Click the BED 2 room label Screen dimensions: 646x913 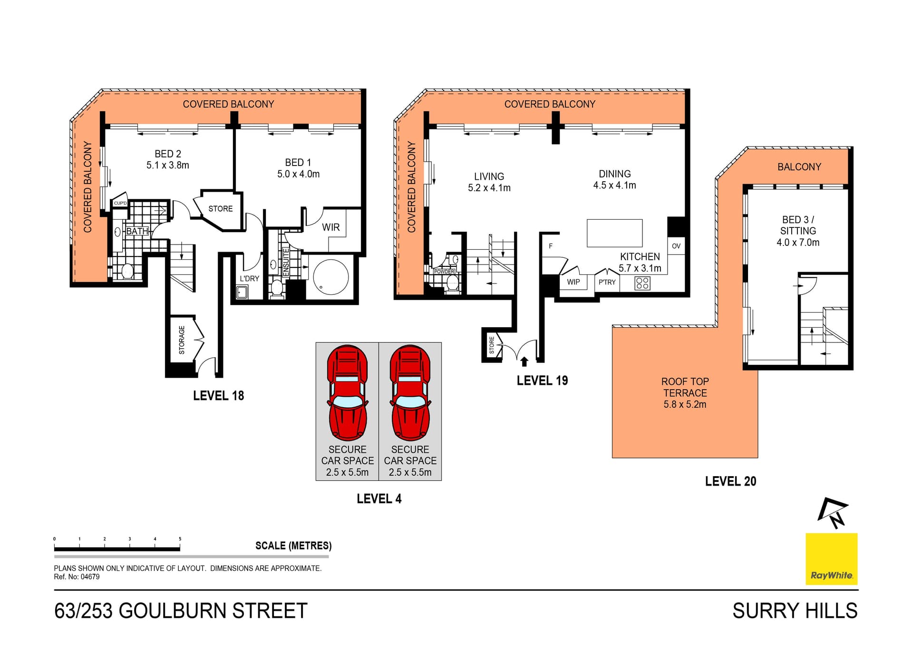[167, 154]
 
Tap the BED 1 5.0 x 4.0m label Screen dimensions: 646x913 [298, 168]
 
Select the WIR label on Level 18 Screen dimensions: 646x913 [330, 227]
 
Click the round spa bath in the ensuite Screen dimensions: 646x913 [330, 277]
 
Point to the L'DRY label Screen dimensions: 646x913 [249, 279]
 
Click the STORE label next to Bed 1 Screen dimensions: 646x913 [220, 209]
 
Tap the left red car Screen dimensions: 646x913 [347, 392]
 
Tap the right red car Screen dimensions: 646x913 [410, 392]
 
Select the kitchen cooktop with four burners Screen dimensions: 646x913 [642, 284]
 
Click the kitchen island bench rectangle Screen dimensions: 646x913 [614, 233]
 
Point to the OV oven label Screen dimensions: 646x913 [676, 246]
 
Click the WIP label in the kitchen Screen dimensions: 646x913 [573, 282]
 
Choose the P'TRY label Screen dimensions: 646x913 [607, 283]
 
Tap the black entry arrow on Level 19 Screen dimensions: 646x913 [524, 362]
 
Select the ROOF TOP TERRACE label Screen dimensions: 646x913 [685, 392]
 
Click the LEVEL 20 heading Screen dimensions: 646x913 [730, 481]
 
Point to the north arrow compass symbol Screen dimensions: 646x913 [833, 513]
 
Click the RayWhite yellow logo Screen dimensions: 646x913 [831, 559]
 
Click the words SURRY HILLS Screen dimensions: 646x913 [794, 611]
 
